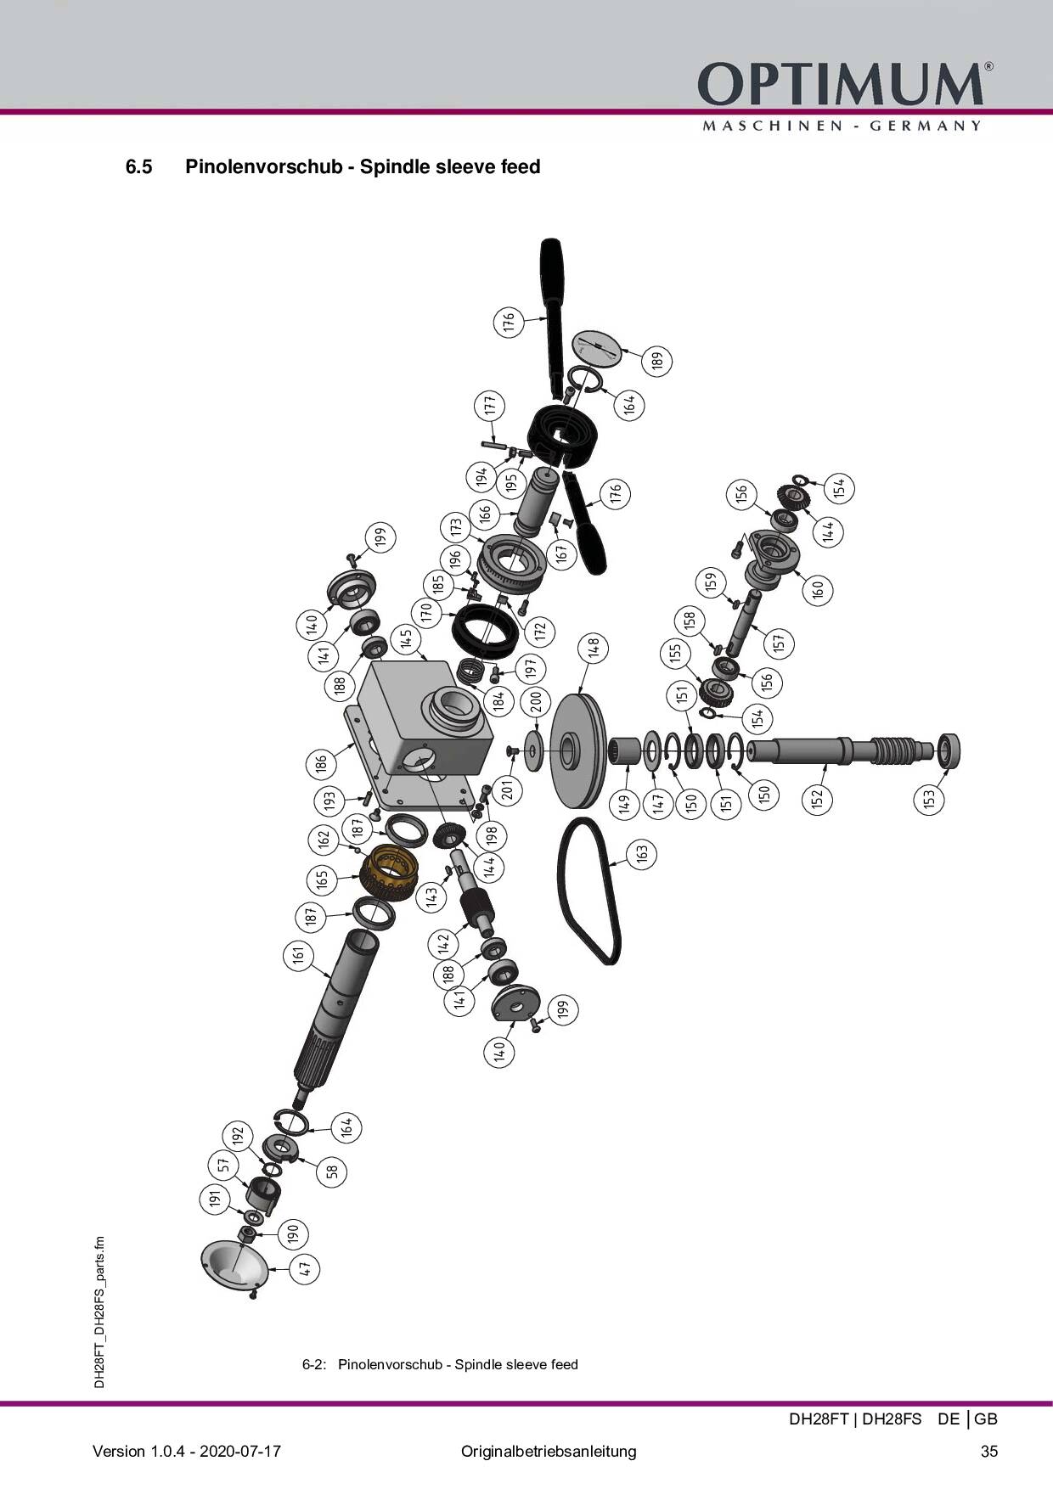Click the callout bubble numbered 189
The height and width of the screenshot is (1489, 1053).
tap(656, 361)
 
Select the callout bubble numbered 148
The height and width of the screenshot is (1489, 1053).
tap(594, 648)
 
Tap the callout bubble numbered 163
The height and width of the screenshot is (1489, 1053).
tap(642, 851)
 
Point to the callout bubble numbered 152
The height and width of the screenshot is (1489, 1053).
tap(818, 799)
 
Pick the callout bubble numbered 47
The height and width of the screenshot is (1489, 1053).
tap(306, 1269)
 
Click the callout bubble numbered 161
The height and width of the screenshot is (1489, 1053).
tap(297, 956)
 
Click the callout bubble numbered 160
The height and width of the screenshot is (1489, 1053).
tap(818, 588)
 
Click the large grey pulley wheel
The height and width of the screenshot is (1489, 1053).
tap(578, 751)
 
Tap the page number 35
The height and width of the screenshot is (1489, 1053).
tap(989, 1451)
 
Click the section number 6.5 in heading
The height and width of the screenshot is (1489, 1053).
tap(138, 166)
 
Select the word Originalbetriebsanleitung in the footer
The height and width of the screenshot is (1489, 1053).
tap(549, 1451)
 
